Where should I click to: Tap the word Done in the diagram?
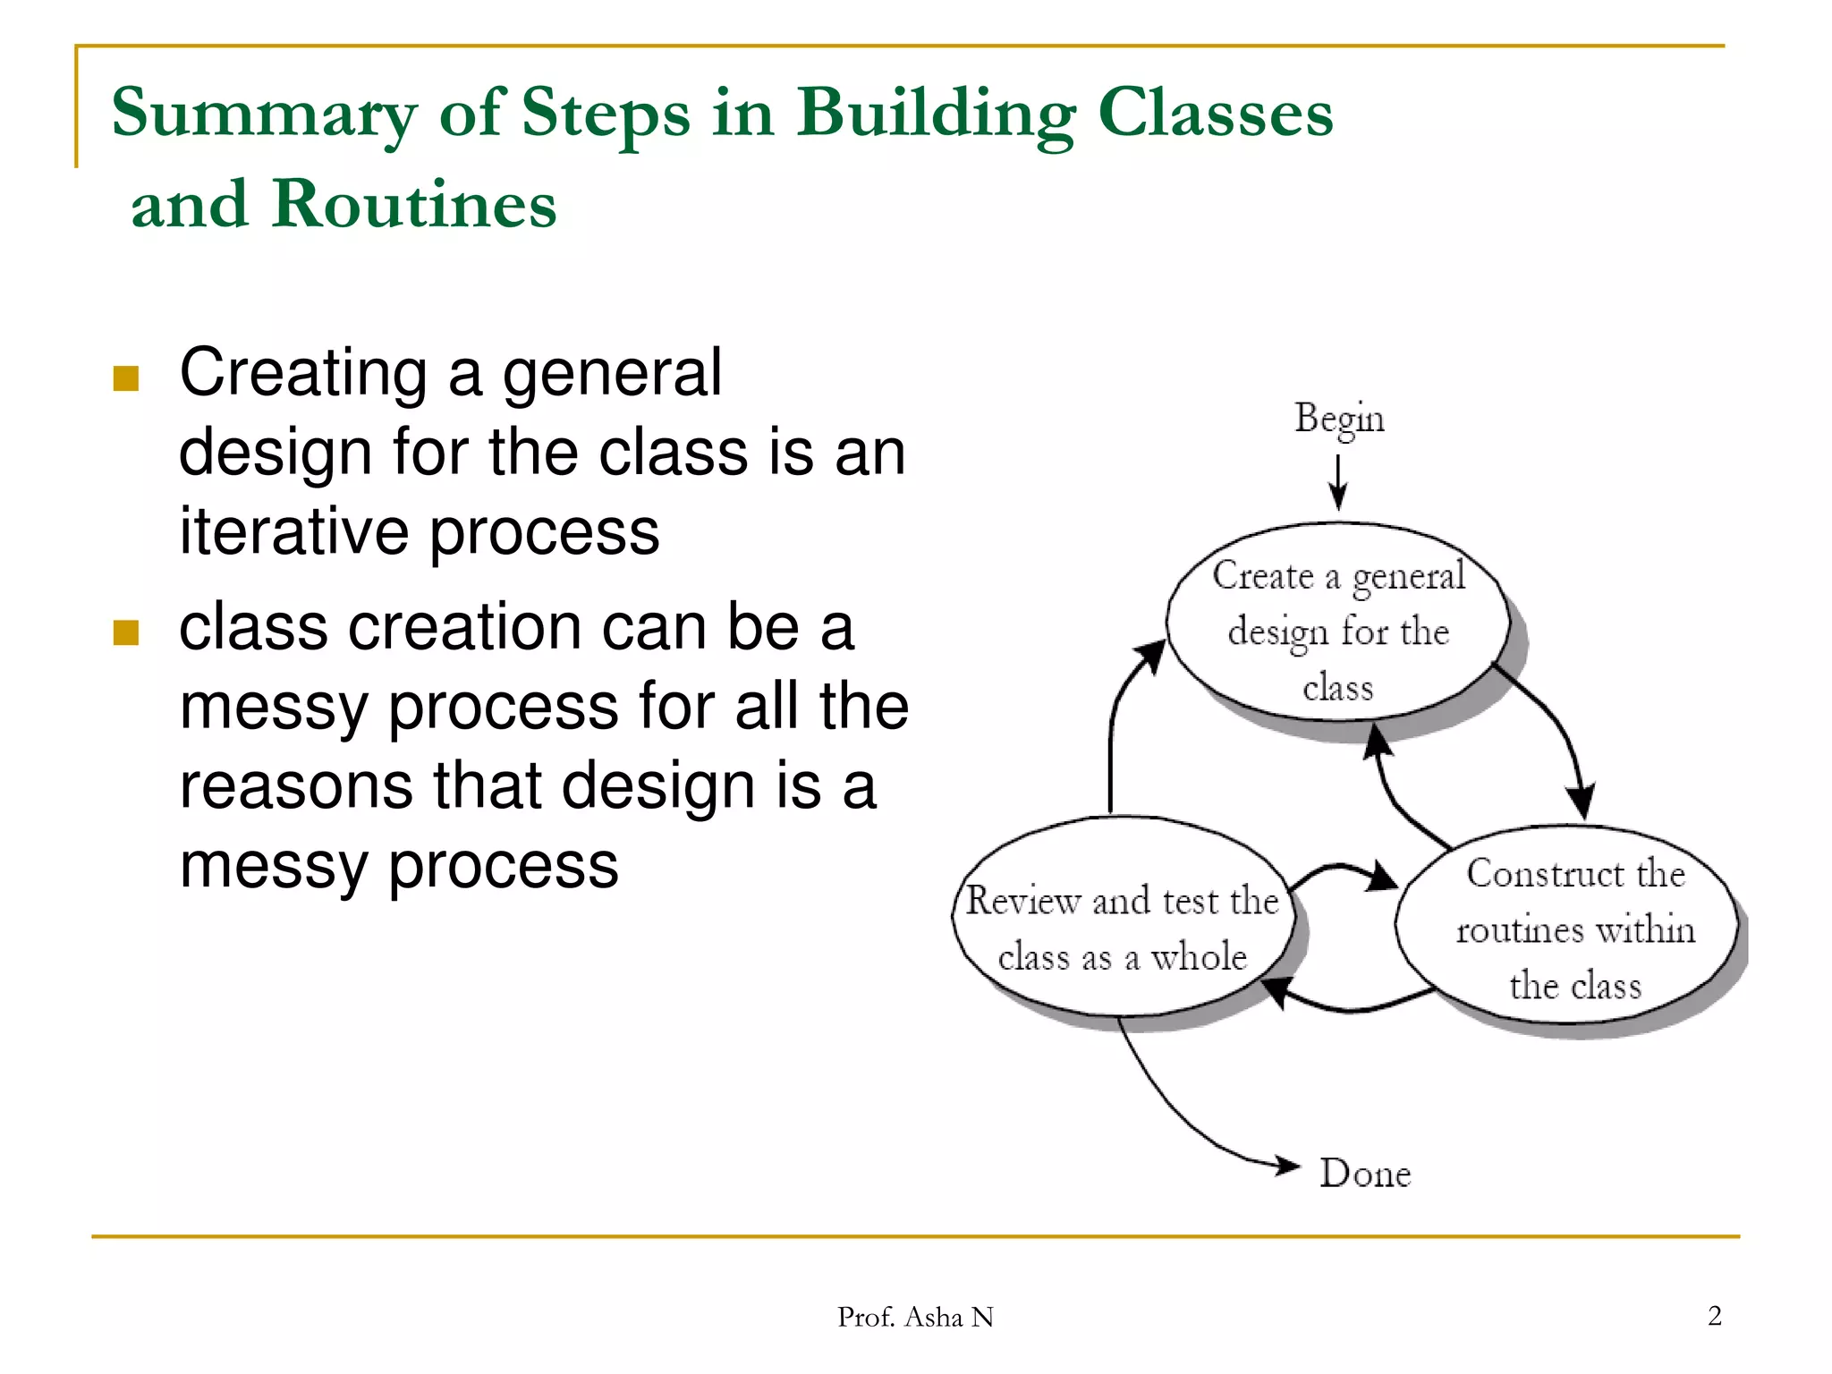coord(1365,1173)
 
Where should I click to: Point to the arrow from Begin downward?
coord(1338,481)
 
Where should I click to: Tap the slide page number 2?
coord(1714,1316)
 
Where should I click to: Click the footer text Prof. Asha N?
coord(915,1317)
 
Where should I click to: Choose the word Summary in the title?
coord(264,114)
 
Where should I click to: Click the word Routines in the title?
coord(414,205)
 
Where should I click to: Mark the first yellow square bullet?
coord(126,379)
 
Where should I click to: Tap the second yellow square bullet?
coord(126,633)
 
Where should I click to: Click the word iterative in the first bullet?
coord(293,531)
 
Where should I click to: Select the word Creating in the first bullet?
coord(303,372)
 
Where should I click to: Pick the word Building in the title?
coord(936,114)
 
